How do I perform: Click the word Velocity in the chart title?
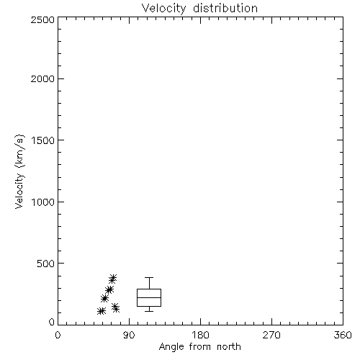coord(164,9)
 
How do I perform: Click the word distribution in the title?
coord(225,8)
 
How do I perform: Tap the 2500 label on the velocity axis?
coord(42,19)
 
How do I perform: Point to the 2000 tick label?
coord(42,78)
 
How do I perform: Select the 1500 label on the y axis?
coord(43,140)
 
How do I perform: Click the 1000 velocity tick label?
coord(43,202)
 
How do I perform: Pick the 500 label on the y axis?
coord(46,264)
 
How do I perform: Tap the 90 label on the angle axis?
coord(129,335)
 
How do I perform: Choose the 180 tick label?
coord(200,335)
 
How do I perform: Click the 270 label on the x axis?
coord(271,335)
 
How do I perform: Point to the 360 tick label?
coord(343,335)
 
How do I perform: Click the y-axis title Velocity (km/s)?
coord(19,171)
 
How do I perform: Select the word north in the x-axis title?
coord(229,347)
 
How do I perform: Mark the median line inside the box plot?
coord(149,297)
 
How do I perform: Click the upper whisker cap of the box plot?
coord(149,278)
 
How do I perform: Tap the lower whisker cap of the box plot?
coord(149,311)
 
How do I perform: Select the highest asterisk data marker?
coord(114,278)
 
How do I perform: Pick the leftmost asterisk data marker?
coord(100,311)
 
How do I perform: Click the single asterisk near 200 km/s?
coord(104,299)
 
